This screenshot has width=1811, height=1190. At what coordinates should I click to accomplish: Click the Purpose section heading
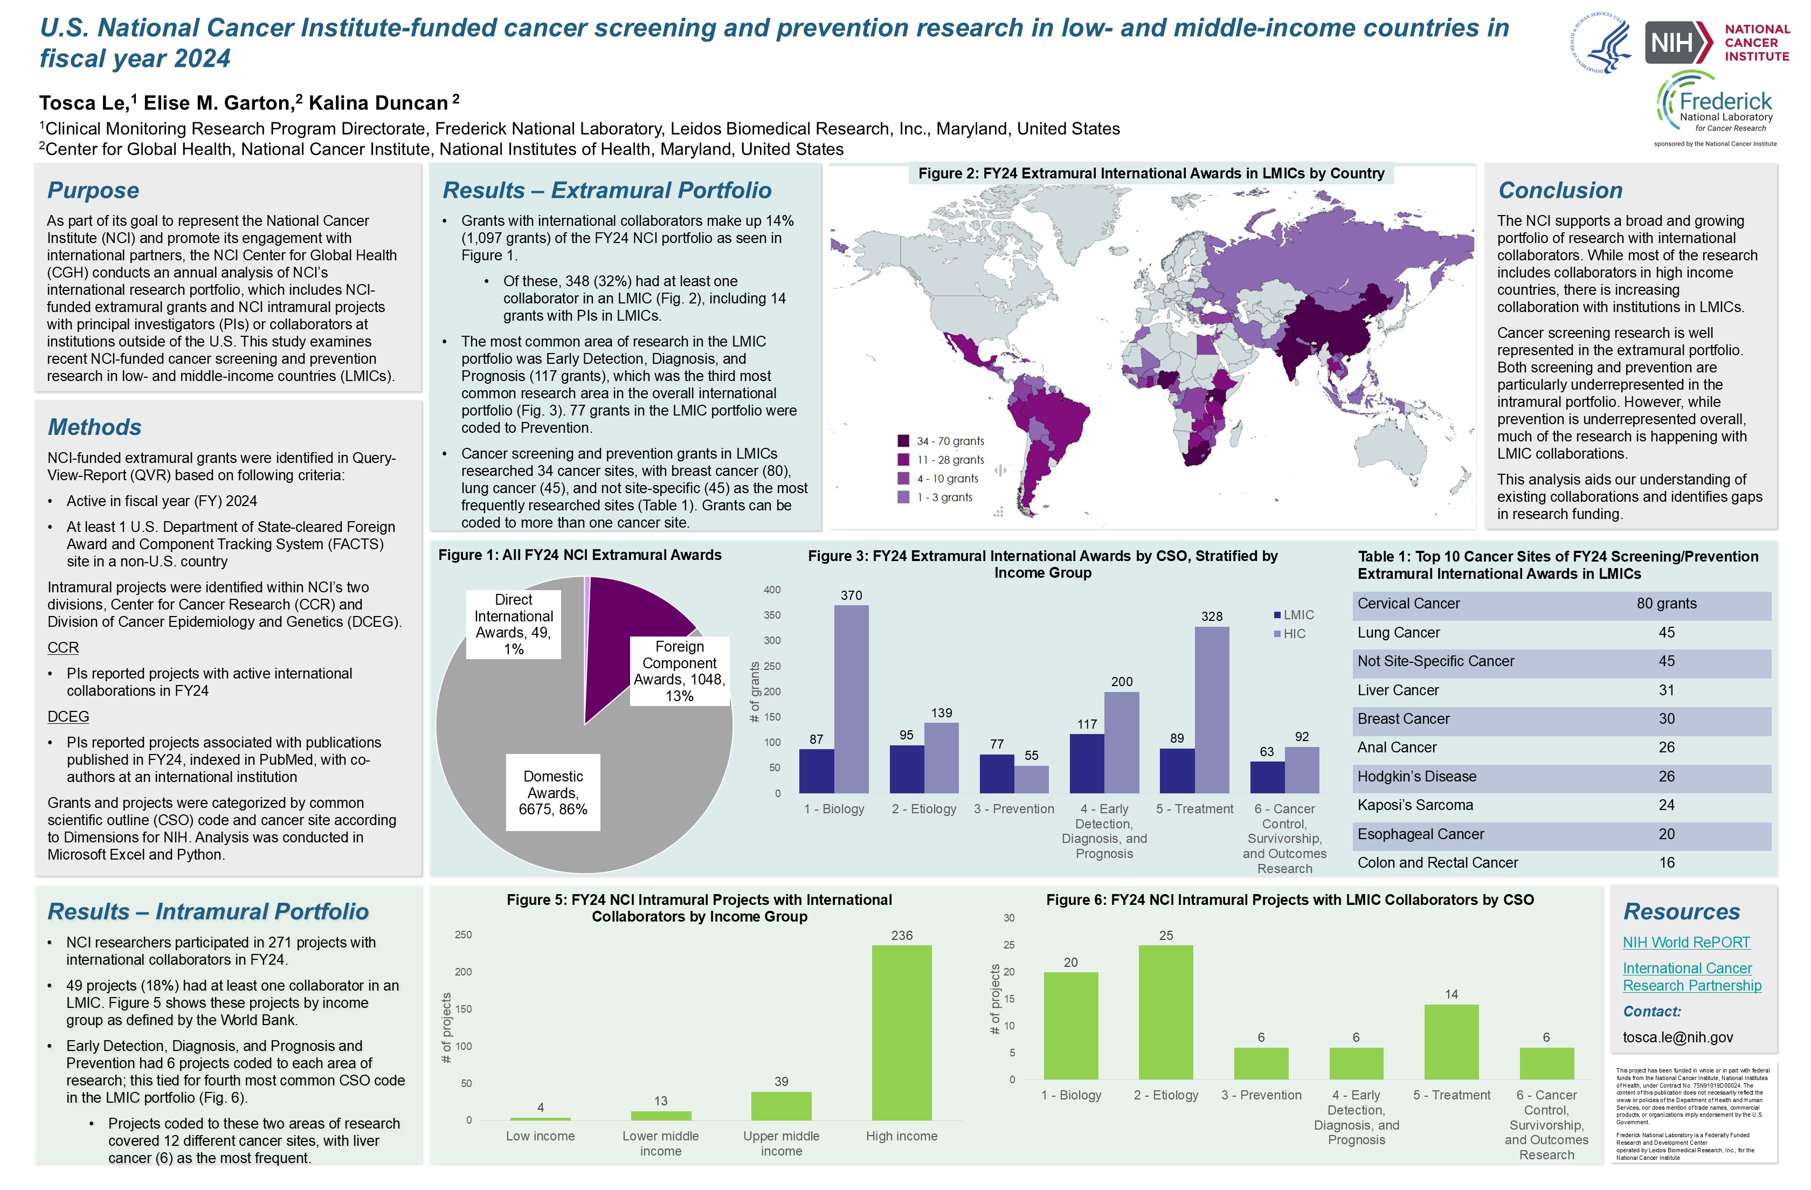93,190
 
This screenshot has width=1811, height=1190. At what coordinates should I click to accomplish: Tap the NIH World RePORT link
1685,942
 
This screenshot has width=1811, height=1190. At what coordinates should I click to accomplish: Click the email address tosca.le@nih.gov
1677,1037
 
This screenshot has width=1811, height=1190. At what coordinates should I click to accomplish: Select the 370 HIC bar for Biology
851,698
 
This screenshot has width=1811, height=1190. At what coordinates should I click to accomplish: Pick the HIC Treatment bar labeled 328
1212,709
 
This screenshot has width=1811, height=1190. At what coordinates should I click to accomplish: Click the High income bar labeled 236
901,1032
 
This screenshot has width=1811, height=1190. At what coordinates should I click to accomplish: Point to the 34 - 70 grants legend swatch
903,440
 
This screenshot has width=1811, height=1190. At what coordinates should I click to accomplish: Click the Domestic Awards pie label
553,792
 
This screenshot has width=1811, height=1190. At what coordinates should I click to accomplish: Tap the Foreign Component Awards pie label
680,670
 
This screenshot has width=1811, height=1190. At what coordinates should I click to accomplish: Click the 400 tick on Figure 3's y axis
772,590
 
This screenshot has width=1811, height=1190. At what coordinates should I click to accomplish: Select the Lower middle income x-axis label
660,1143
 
